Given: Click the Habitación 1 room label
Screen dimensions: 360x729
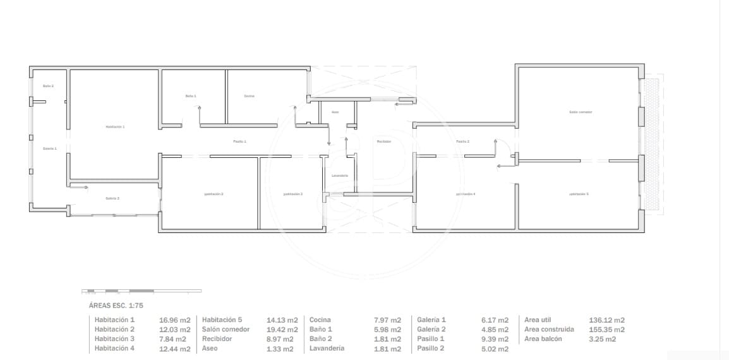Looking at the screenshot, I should pos(115,127).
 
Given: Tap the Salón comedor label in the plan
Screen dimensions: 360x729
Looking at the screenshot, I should pos(580,112).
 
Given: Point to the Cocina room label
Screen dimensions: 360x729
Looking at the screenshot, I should pos(249,96).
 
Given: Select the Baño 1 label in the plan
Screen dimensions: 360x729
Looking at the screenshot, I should pos(191,96).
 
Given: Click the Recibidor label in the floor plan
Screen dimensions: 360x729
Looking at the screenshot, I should pos(384,141).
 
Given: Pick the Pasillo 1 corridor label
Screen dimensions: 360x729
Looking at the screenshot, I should pos(239,141).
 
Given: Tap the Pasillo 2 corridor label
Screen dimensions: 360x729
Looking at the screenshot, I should pos(462,141).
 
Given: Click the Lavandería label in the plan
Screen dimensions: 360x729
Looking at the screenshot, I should pos(339,175).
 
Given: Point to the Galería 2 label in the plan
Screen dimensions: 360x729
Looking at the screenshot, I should pos(112,198).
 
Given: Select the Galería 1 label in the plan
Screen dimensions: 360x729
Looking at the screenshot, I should pos(50,148).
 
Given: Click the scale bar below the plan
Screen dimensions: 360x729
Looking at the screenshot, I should pos(142,291).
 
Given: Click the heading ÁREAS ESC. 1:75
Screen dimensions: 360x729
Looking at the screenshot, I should pos(116,305).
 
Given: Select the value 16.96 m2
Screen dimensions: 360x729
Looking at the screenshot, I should pos(174,320).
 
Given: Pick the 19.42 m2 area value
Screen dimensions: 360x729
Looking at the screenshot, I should pos(282,330).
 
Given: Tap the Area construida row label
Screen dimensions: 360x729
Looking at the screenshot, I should pos(549,330).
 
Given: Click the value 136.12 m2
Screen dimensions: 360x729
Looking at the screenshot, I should pos(606,320).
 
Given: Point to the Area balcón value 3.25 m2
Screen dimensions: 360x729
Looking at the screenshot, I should pos(602,339).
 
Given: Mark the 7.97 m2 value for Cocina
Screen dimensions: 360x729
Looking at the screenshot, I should pos(387,320).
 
